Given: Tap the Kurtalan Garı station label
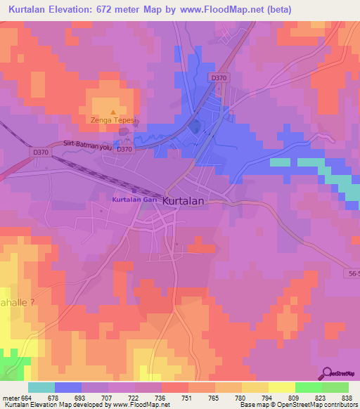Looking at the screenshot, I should [134, 200].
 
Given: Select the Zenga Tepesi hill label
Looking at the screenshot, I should [114, 120].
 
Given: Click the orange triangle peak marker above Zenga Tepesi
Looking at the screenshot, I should [112, 111].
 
